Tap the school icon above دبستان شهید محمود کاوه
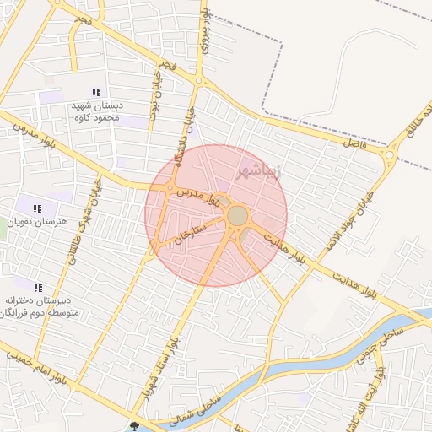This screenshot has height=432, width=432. [x=96, y=92]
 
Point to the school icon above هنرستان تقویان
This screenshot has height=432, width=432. [x=37, y=208]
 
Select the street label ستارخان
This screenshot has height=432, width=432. [x=191, y=237]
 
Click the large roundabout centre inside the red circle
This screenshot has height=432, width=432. [x=238, y=217]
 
